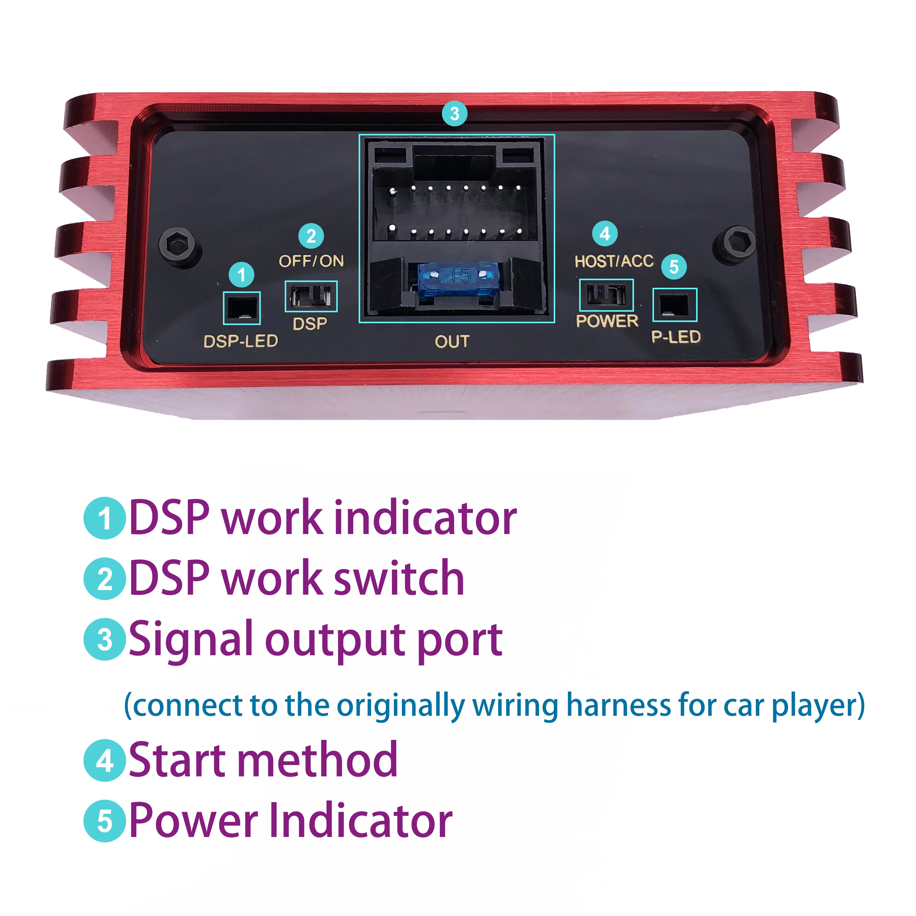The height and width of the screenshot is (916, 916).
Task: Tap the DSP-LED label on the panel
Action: (241, 341)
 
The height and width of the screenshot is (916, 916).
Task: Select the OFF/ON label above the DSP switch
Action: (311, 261)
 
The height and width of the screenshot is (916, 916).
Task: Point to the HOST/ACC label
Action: (614, 261)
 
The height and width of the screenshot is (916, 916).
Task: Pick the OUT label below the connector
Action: (452, 341)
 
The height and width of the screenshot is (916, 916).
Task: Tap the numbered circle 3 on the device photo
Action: (454, 114)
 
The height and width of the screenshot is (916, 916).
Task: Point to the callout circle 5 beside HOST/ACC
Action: (674, 267)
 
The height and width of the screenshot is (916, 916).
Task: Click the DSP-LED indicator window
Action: (242, 308)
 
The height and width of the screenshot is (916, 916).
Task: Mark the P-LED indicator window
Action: (675, 305)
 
